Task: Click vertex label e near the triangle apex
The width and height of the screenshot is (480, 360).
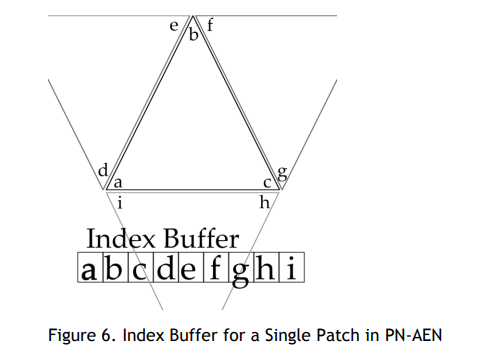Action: [x=174, y=26]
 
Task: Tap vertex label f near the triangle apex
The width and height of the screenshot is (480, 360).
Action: [x=210, y=25]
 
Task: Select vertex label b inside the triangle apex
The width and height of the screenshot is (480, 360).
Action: [x=193, y=34]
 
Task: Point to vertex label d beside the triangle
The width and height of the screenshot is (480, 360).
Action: [x=103, y=170]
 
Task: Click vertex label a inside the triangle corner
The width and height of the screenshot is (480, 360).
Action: [x=118, y=183]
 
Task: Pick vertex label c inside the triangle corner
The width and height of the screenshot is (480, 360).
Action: [x=267, y=183]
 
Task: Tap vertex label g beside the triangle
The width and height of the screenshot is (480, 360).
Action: [x=282, y=173]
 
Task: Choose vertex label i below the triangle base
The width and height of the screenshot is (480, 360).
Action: [x=120, y=202]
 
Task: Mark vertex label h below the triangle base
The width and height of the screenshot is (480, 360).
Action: [x=265, y=202]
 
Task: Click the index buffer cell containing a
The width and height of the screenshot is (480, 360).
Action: [x=90, y=267]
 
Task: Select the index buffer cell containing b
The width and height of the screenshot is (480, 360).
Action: [x=116, y=267]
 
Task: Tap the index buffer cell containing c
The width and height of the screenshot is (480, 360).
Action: [x=141, y=267]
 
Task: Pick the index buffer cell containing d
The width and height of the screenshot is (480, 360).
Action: [x=166, y=267]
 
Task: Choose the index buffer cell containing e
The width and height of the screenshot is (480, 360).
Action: [x=191, y=267]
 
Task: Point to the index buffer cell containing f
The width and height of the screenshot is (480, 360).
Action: [x=216, y=267]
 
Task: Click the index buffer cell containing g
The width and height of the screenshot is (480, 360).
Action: [x=241, y=267]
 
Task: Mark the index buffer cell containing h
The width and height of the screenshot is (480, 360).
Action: [x=266, y=267]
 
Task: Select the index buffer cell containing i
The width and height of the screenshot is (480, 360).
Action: [x=292, y=267]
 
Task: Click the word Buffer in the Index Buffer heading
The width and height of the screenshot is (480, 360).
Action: [x=201, y=238]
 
